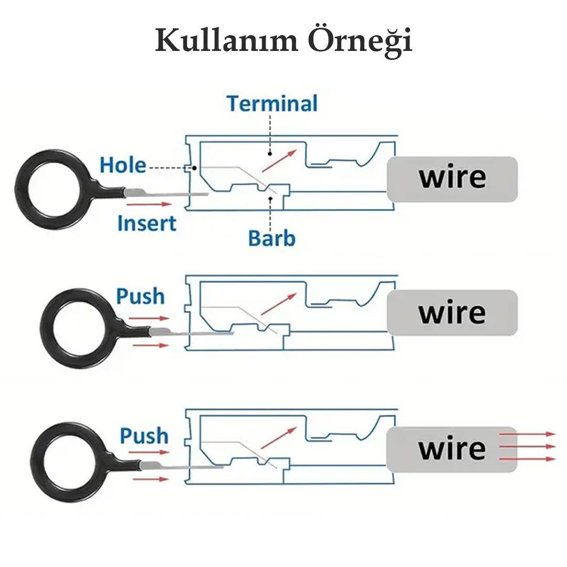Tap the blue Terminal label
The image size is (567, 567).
[x=272, y=103]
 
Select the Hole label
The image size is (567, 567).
[x=123, y=165]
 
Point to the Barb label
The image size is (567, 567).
[x=271, y=238]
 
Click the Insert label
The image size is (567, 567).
[x=146, y=223]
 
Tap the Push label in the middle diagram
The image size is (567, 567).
[x=140, y=296]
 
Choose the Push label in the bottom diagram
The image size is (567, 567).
[x=144, y=436]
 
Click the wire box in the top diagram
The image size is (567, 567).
[x=452, y=178]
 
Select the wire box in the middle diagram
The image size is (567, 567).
[x=452, y=313]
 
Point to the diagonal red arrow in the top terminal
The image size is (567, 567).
[x=279, y=160]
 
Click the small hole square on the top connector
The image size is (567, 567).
[x=188, y=169]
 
